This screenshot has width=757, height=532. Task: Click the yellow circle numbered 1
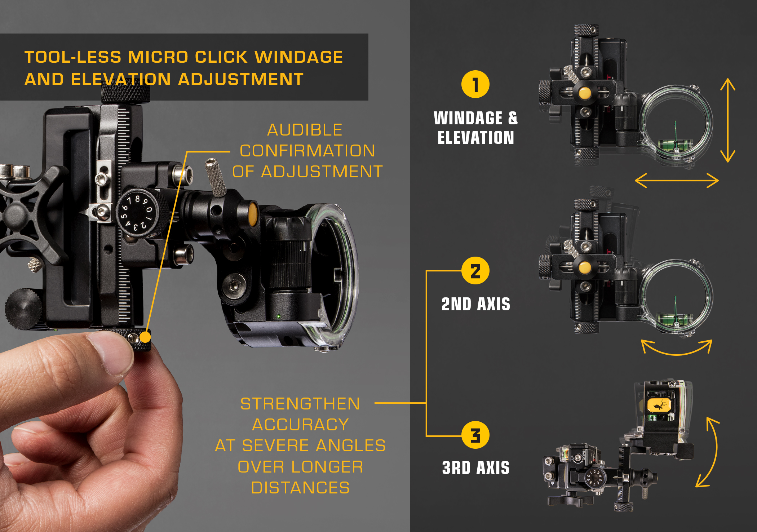tap(475, 84)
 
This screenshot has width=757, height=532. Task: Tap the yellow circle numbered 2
tap(475, 271)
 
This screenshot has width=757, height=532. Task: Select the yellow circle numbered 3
tap(475, 435)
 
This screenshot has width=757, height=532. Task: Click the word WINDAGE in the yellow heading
tap(299, 57)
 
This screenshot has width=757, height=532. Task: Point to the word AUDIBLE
tap(305, 130)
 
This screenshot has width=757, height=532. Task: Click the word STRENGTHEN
tap(300, 404)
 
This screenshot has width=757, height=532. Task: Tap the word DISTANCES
tap(300, 488)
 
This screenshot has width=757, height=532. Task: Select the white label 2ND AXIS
tap(476, 304)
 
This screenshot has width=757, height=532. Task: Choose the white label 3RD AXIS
tap(476, 468)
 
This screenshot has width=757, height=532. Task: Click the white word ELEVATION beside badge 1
tap(476, 137)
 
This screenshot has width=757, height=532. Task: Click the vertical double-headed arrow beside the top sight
tap(728, 120)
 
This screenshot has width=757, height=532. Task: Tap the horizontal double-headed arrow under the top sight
tap(677, 181)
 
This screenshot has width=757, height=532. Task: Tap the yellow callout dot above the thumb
tap(145, 337)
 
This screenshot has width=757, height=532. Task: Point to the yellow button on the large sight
tap(253, 213)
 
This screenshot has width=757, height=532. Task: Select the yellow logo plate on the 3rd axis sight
tap(659, 405)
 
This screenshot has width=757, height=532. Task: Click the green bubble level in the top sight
tap(676, 145)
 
